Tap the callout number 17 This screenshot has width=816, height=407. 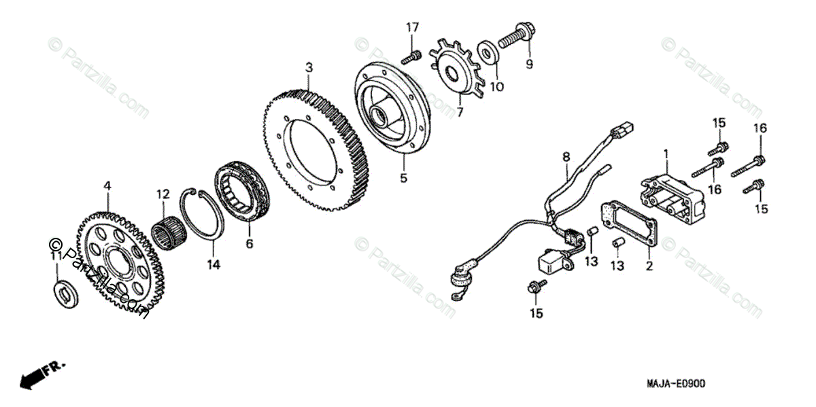(413, 28)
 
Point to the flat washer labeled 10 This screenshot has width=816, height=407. (488, 52)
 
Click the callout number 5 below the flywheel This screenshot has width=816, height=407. (403, 179)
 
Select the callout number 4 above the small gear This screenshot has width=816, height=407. (107, 185)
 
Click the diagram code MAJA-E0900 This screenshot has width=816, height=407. (672, 384)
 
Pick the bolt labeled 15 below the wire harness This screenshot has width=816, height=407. (535, 288)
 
